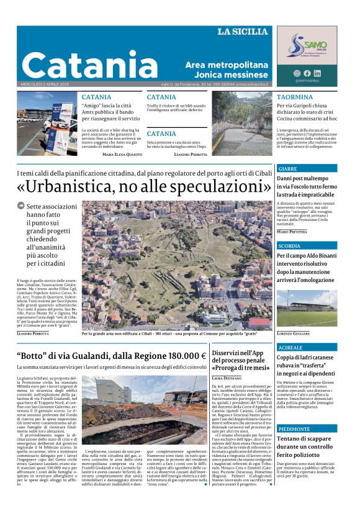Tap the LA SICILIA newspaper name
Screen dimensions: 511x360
click(x=242, y=32)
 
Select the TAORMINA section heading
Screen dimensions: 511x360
click(x=294, y=97)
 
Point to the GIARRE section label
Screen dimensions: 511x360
click(x=288, y=168)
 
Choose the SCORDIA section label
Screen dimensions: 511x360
click(x=290, y=246)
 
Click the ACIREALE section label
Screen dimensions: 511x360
click(x=290, y=348)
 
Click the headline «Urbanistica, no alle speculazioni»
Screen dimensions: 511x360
click(x=140, y=186)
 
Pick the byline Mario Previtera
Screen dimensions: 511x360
click(x=292, y=232)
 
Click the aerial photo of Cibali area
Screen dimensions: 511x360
click(x=177, y=264)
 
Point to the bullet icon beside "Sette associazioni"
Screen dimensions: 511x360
click(x=20, y=206)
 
